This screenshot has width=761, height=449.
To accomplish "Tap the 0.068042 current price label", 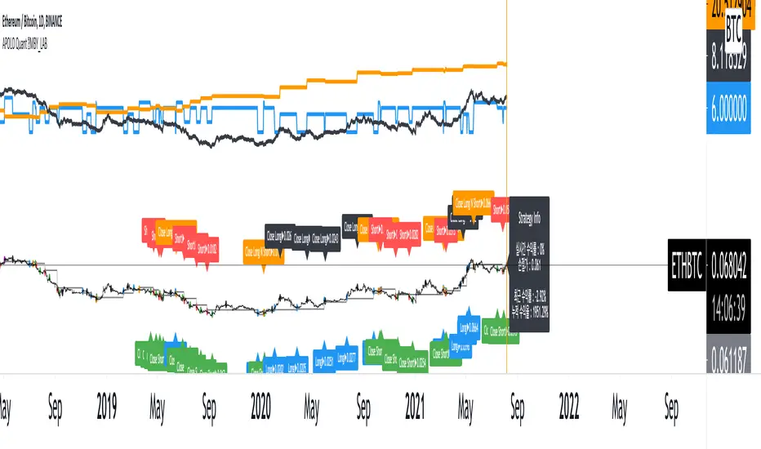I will (x=732, y=251).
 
